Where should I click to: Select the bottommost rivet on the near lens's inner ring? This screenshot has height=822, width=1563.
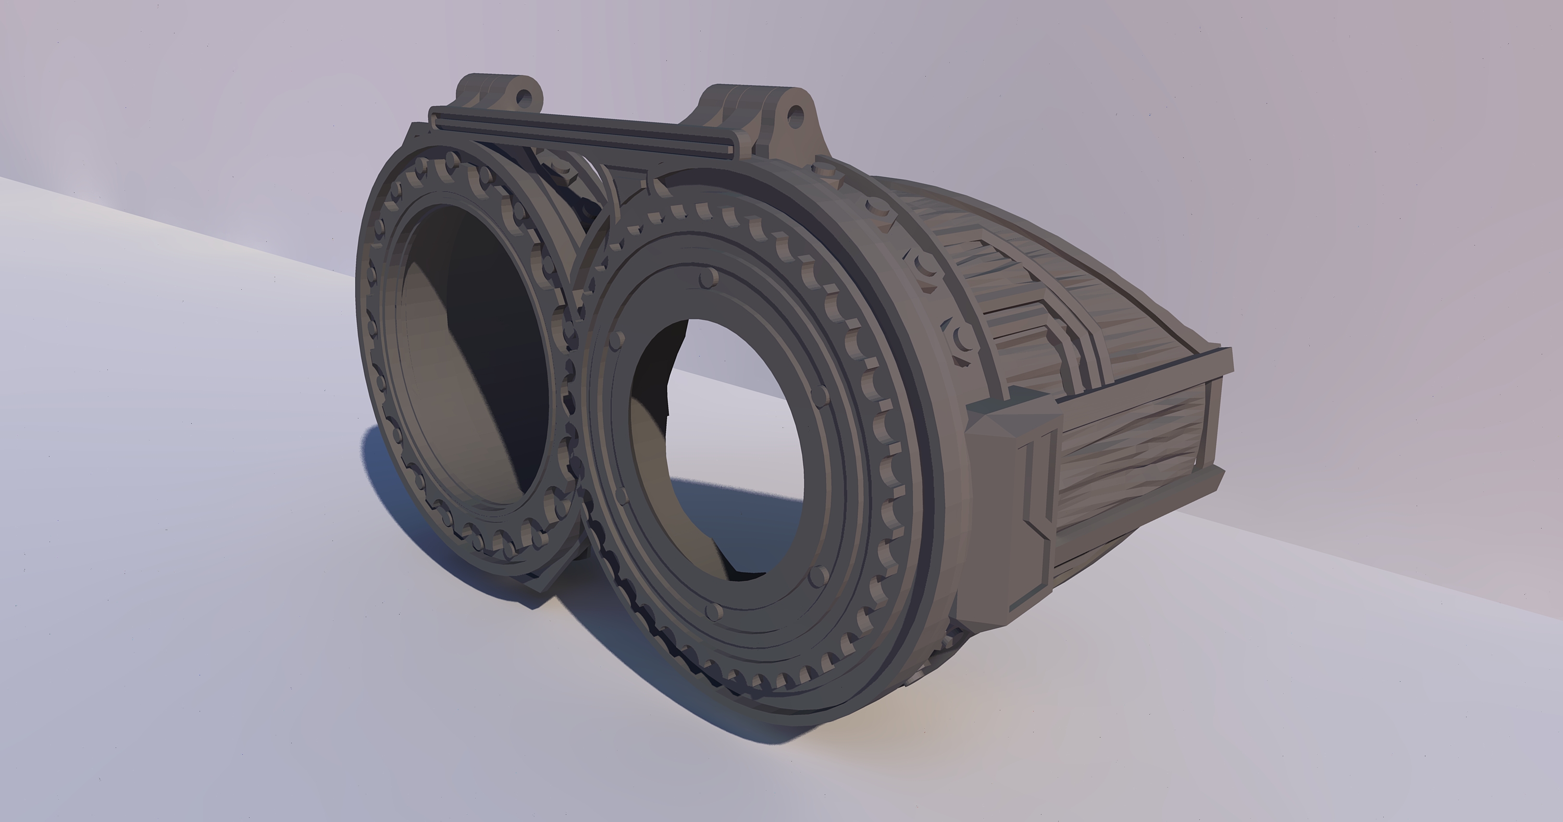click(715, 609)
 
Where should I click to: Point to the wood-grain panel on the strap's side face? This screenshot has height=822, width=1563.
click(1135, 461)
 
